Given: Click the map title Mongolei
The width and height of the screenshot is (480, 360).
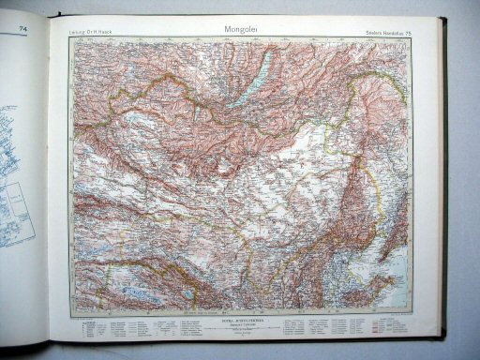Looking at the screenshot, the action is click(x=244, y=28).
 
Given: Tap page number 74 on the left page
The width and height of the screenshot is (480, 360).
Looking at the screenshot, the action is click(x=22, y=30).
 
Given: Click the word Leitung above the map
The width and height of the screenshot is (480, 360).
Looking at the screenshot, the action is click(x=78, y=36).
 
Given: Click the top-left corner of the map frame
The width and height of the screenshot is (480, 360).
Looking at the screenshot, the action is click(x=69, y=40).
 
